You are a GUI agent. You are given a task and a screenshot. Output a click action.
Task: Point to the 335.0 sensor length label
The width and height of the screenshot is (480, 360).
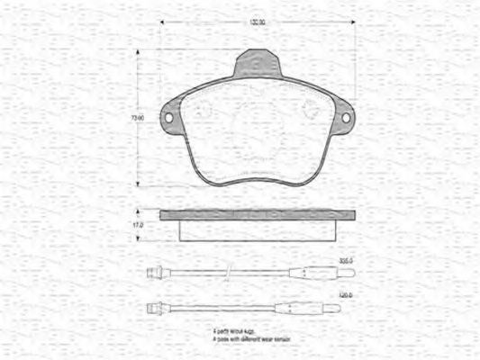[345, 260]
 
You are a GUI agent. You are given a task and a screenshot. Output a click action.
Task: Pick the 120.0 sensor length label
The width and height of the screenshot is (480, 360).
[345, 294]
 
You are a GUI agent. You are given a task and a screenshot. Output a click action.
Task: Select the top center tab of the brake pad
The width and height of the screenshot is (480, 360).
[258, 65]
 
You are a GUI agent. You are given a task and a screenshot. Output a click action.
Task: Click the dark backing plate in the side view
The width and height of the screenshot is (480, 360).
[258, 215]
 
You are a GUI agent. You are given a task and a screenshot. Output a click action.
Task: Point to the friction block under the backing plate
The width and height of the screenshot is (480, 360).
[258, 230]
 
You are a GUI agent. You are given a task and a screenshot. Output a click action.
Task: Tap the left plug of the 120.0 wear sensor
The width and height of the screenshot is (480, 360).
[152, 308]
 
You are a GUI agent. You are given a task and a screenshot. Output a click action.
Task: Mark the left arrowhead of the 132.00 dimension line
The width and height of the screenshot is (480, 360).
[162, 23]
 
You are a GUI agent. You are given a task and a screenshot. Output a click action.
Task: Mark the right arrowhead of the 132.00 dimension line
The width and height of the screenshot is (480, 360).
[353, 23]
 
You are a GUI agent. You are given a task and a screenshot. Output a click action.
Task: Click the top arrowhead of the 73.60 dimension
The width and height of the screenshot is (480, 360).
[137, 52]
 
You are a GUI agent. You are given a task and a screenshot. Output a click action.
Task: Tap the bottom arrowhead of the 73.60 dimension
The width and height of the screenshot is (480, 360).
[137, 184]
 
